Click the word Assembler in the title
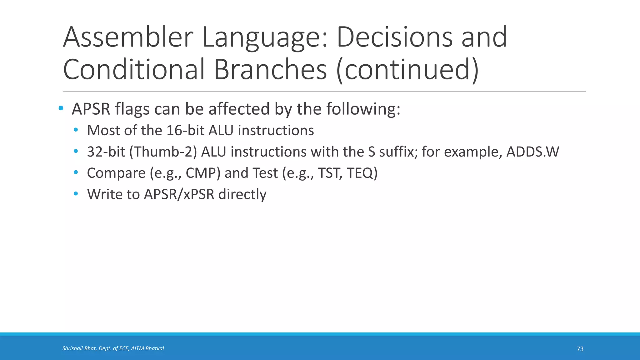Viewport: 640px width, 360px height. pyautogui.click(x=128, y=37)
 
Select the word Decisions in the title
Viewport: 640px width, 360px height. pyautogui.click(x=394, y=37)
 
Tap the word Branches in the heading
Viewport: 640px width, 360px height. pyautogui.click(x=270, y=69)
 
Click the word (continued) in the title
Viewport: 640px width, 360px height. pyautogui.click(x=407, y=69)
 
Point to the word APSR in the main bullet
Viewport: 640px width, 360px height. pyautogui.click(x=91, y=109)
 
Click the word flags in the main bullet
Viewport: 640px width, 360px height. pyautogui.click(x=132, y=109)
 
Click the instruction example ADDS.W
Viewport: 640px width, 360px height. pyautogui.click(x=532, y=152)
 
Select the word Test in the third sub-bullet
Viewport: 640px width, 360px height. pyautogui.click(x=265, y=173)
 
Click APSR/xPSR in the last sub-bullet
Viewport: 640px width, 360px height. pyautogui.click(x=179, y=194)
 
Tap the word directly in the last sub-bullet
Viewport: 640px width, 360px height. pyautogui.click(x=242, y=194)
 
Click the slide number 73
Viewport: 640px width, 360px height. pyautogui.click(x=580, y=349)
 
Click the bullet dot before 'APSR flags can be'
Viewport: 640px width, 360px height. pyautogui.click(x=61, y=108)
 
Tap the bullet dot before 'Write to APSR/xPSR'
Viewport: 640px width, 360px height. pyautogui.click(x=76, y=194)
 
